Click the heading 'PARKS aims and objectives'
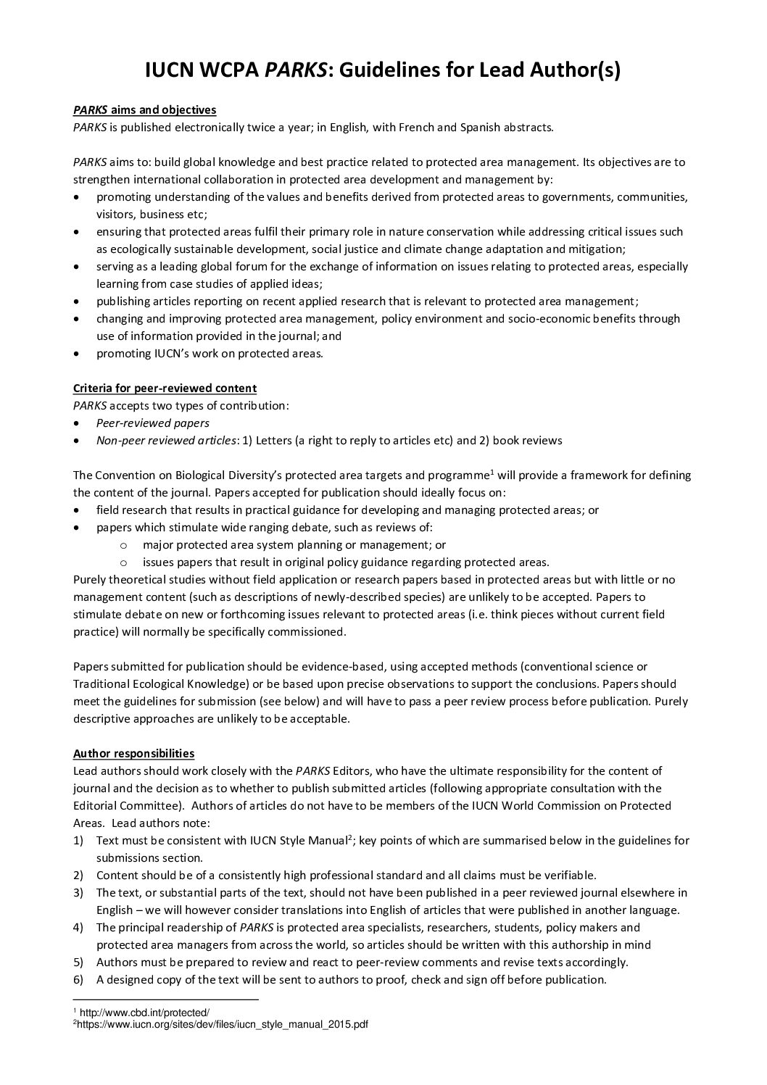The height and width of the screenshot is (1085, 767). click(x=144, y=110)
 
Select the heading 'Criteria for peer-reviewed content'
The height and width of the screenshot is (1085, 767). click(x=165, y=388)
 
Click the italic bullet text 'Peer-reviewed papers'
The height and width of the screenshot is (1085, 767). click(x=152, y=423)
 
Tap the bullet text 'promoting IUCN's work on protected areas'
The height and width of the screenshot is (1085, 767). click(x=209, y=354)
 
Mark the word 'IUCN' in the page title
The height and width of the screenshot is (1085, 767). click(x=169, y=70)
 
